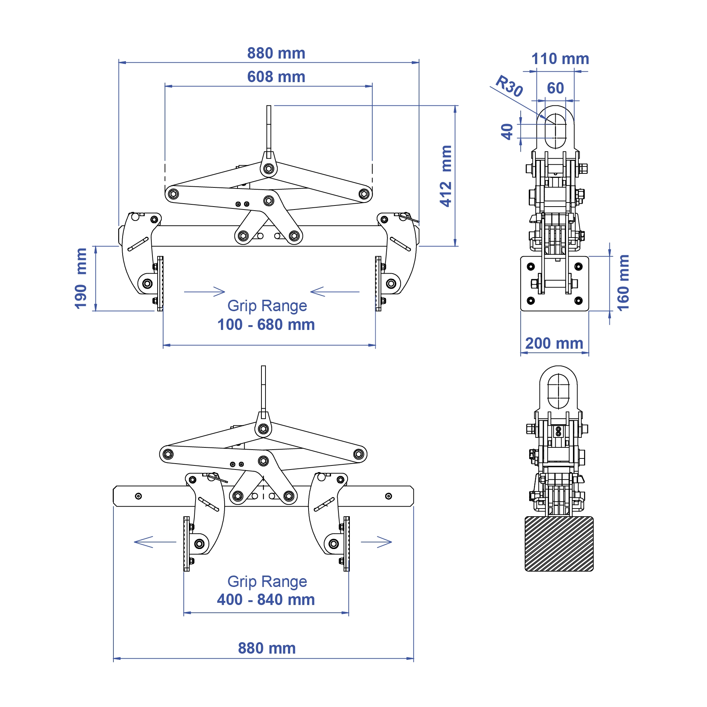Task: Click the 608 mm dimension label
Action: click(276, 77)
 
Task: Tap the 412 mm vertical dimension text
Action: click(446, 176)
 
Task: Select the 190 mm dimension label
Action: click(81, 278)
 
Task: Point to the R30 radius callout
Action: click(509, 86)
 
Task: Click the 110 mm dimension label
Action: click(560, 59)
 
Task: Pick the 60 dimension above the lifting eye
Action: click(555, 88)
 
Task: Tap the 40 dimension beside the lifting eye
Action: click(507, 131)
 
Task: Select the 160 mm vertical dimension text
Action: click(623, 283)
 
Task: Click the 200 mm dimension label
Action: click(554, 343)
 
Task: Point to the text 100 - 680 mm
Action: click(266, 325)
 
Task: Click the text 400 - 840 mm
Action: click(266, 599)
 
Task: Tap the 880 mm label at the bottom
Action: click(267, 648)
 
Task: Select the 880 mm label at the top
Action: click(276, 53)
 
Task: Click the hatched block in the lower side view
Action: click(559, 544)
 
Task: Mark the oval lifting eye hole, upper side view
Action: click(555, 131)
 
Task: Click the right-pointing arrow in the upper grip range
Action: click(205, 292)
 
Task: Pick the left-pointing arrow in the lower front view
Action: click(155, 542)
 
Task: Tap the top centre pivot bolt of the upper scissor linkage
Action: click(269, 169)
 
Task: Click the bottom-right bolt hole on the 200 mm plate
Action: click(578, 300)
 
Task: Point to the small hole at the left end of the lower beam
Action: click(138, 496)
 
